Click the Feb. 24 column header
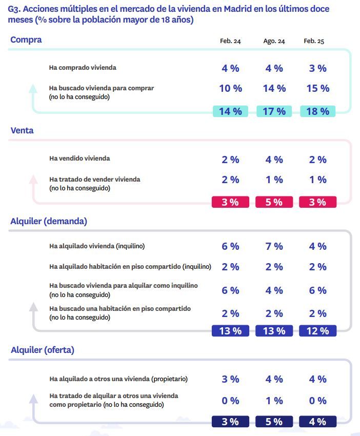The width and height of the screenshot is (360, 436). pyautogui.click(x=230, y=42)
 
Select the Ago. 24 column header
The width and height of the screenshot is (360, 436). pyautogui.click(x=274, y=42)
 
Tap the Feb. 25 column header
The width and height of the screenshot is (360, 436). pyautogui.click(x=314, y=42)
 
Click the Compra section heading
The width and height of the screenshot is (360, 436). pyautogui.click(x=26, y=40)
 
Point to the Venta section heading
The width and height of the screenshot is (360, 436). pyautogui.click(x=22, y=131)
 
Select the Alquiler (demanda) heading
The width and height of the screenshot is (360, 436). pyautogui.click(x=49, y=222)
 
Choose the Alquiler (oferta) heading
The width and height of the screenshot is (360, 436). pyautogui.click(x=43, y=350)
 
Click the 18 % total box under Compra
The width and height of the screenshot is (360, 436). pyautogui.click(x=317, y=111)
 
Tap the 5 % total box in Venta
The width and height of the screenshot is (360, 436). pyautogui.click(x=274, y=202)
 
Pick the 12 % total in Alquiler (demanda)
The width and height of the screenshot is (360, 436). pyautogui.click(x=317, y=331)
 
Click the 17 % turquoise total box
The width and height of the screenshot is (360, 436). pyautogui.click(x=274, y=111)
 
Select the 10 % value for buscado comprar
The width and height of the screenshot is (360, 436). pyautogui.click(x=230, y=89)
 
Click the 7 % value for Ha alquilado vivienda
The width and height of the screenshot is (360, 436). pyautogui.click(x=274, y=247)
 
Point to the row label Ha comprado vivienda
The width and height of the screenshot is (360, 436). pyautogui.click(x=83, y=68)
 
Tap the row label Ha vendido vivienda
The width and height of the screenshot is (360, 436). pyautogui.click(x=79, y=158)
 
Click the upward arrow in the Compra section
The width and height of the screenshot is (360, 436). pyautogui.click(x=33, y=89)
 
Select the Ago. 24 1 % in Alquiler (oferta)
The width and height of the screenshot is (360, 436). pyautogui.click(x=274, y=401)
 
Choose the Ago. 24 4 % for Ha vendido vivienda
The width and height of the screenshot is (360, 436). pyautogui.click(x=274, y=160)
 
